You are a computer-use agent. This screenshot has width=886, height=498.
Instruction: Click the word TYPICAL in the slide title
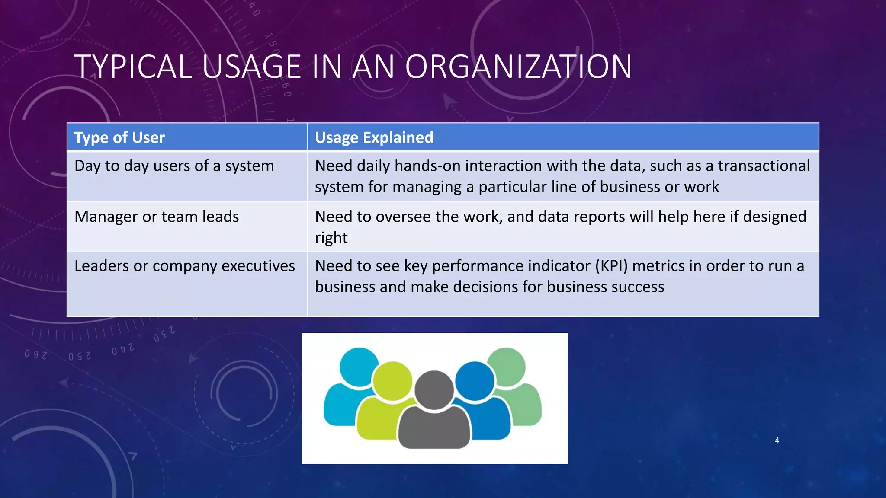133,67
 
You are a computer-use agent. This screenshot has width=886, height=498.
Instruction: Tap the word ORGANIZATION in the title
518,67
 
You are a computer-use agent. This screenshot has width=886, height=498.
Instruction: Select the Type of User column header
119,137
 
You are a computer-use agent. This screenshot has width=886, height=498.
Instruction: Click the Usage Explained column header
374,137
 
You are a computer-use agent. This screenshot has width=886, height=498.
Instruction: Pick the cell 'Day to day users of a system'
174,166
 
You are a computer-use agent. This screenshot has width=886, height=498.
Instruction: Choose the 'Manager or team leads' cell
157,217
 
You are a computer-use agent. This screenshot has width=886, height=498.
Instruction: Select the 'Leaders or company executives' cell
184,266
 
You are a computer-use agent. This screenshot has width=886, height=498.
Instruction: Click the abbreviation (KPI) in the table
611,266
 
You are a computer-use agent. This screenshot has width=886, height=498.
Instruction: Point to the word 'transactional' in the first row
764,166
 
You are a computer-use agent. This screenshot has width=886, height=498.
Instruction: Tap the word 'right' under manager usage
331,238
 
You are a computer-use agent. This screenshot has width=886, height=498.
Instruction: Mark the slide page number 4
777,441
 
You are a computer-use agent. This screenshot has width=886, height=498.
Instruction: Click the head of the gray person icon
434,389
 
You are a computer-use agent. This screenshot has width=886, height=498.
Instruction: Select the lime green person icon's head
392,381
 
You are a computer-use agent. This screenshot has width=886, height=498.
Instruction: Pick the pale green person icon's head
506,367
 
